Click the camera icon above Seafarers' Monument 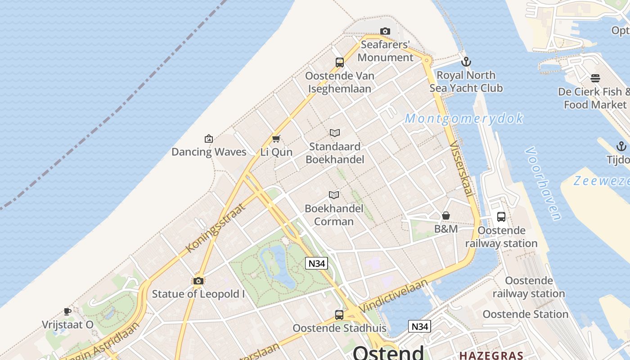tap(385, 31)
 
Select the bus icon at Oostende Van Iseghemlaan tap(340, 63)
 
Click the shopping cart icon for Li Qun tap(276, 139)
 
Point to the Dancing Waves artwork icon tap(208, 139)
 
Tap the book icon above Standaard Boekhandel tap(334, 133)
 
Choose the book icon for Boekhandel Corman tap(333, 195)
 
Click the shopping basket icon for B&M tap(446, 216)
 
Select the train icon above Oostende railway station tap(501, 217)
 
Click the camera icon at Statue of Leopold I tap(198, 281)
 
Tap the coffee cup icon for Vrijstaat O tap(67, 311)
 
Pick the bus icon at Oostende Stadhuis tap(339, 315)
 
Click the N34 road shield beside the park tap(316, 263)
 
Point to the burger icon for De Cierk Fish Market tap(595, 78)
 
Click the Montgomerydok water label tap(464, 118)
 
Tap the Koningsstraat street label tap(216, 228)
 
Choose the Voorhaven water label tap(543, 183)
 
